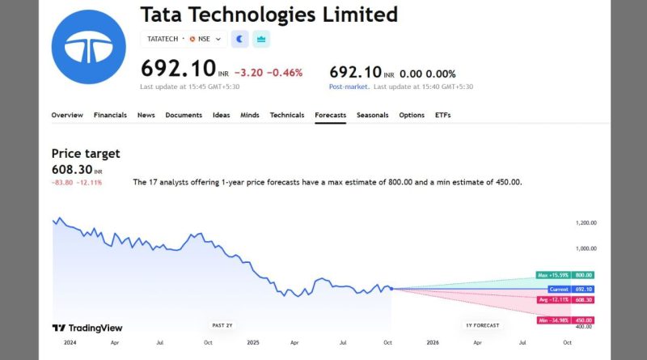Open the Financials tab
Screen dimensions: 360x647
[110, 115]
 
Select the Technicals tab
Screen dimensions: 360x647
[287, 115]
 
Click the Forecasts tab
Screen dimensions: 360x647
[330, 115]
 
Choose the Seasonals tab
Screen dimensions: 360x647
[373, 115]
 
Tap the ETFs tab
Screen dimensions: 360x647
[443, 115]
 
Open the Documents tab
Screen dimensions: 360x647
[184, 115]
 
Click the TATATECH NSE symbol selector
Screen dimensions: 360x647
[184, 39]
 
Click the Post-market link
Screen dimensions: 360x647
[349, 86]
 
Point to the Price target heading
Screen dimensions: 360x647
[86, 153]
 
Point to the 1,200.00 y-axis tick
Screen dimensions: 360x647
[586, 222]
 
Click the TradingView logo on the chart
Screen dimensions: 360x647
[87, 328]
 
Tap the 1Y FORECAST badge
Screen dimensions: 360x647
[483, 324]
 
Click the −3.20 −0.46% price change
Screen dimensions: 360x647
[269, 73]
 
